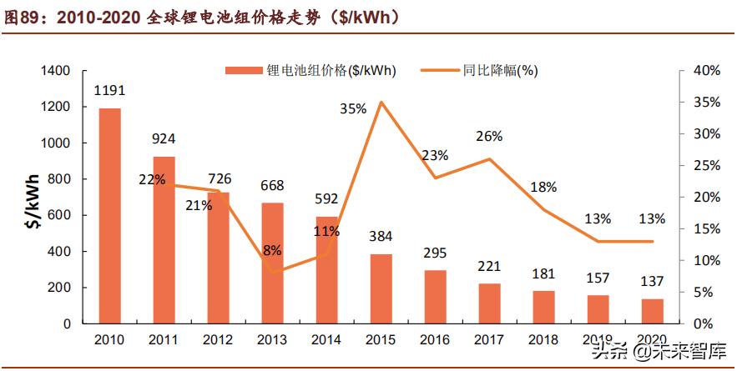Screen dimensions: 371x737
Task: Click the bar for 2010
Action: coord(109,216)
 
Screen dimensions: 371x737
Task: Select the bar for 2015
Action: coord(381,288)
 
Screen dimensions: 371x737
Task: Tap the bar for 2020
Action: coord(652,311)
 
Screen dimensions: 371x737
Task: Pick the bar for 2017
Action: coord(489,303)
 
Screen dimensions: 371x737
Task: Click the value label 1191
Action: coord(109,90)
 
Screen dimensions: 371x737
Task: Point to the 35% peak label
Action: coord(353,108)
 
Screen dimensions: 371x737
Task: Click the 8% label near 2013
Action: coord(272,250)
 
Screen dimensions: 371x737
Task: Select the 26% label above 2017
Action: coord(489,136)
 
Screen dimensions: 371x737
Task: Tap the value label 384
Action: coord(381,237)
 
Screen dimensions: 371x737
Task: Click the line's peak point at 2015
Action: coord(381,103)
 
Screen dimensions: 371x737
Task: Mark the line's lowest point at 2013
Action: coord(272,272)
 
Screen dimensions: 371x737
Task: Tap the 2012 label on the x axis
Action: coord(218,340)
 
